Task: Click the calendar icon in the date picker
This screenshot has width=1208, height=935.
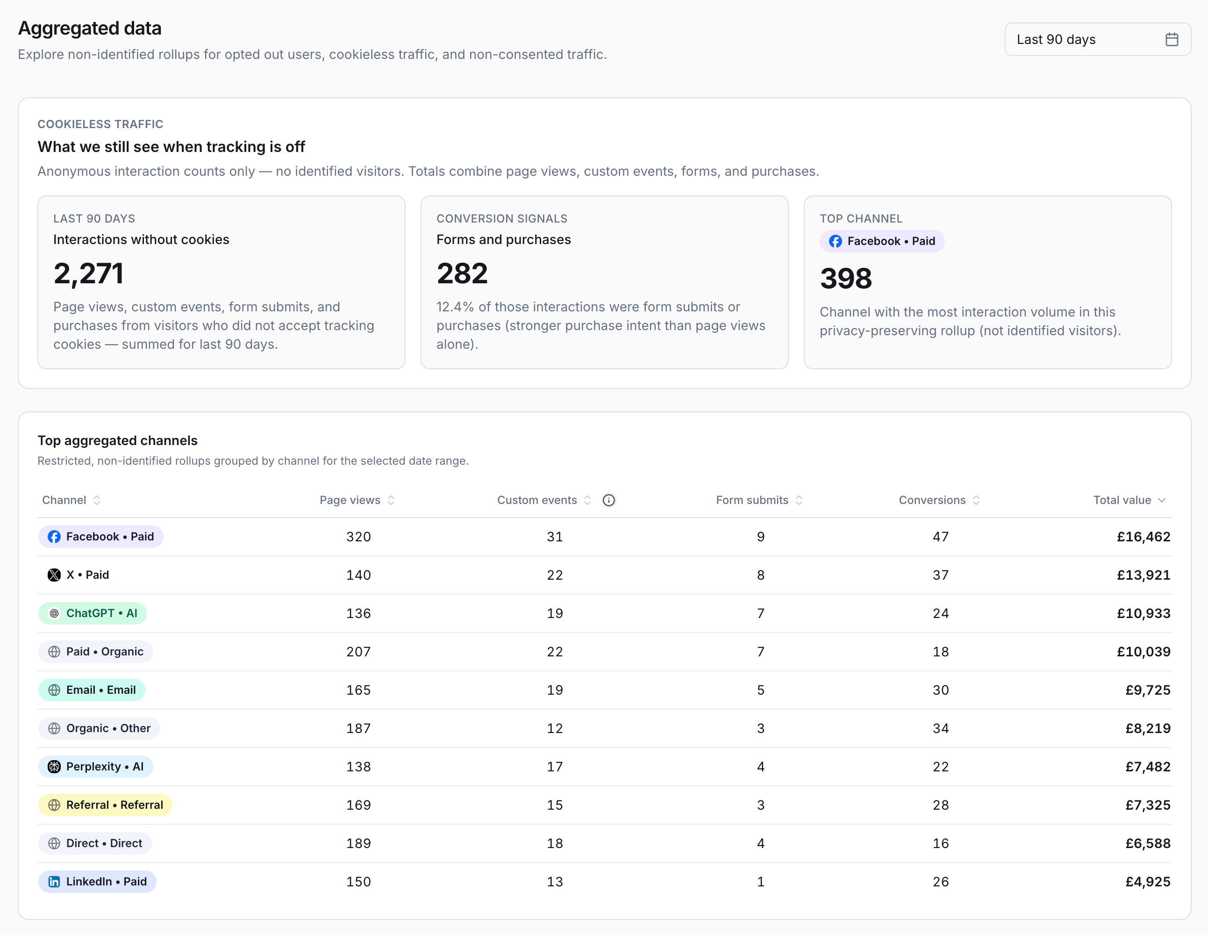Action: click(x=1172, y=39)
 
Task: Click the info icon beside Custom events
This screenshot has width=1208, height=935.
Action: click(x=608, y=500)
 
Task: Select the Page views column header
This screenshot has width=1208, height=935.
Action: click(x=350, y=500)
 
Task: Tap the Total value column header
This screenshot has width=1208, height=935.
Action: click(x=1122, y=500)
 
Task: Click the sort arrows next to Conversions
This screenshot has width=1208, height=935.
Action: click(x=976, y=500)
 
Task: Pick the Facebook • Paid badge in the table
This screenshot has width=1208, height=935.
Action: click(x=100, y=537)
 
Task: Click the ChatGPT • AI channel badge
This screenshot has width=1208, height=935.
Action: click(x=93, y=613)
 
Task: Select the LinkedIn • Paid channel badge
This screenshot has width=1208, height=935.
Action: click(x=97, y=881)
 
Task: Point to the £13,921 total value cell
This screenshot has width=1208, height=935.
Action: click(x=1144, y=575)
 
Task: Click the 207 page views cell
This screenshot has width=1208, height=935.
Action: click(x=358, y=652)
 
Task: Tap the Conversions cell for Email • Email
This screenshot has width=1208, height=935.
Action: click(x=940, y=690)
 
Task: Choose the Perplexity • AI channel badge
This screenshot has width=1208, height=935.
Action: click(x=96, y=766)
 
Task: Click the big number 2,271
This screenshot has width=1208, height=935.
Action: click(x=88, y=273)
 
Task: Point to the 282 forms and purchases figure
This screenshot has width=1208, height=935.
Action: click(x=462, y=273)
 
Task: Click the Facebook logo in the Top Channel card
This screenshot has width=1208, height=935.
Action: click(x=835, y=241)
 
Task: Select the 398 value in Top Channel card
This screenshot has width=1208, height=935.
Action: click(x=846, y=278)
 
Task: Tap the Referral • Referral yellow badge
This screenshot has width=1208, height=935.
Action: click(x=105, y=805)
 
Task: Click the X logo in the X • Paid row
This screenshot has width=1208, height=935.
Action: click(x=54, y=575)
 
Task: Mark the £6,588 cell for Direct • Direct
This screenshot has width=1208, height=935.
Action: click(x=1148, y=843)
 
